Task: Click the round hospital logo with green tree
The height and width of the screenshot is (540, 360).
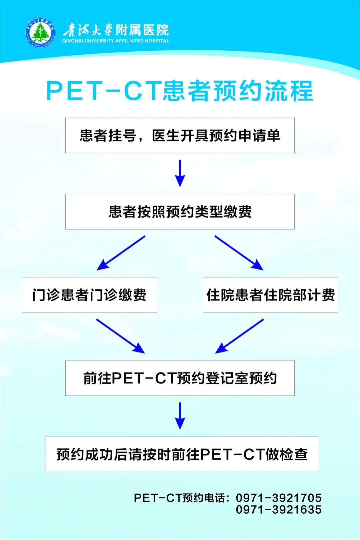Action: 40,32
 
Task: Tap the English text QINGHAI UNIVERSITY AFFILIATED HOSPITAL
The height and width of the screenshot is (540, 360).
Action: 116,41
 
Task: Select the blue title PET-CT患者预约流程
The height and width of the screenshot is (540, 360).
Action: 180,91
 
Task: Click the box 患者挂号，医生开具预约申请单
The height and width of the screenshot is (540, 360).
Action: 180,135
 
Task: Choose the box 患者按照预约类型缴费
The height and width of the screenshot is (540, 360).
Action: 180,212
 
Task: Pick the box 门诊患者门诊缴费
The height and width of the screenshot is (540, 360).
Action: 89,295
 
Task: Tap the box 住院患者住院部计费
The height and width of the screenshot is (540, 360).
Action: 270,295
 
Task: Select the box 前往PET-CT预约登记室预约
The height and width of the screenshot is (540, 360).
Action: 180,378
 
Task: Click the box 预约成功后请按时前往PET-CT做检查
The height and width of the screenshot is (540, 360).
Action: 182,454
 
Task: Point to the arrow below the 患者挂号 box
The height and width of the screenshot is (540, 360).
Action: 180,173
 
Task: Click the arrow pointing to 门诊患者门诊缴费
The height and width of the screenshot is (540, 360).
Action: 121,253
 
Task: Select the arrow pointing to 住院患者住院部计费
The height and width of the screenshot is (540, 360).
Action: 239,253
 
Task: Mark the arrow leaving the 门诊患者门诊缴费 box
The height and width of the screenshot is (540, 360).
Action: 120,336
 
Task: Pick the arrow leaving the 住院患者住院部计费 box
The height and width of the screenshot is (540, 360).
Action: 239,336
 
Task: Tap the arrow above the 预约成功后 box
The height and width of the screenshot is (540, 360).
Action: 180,416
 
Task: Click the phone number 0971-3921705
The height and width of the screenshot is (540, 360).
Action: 279,498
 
